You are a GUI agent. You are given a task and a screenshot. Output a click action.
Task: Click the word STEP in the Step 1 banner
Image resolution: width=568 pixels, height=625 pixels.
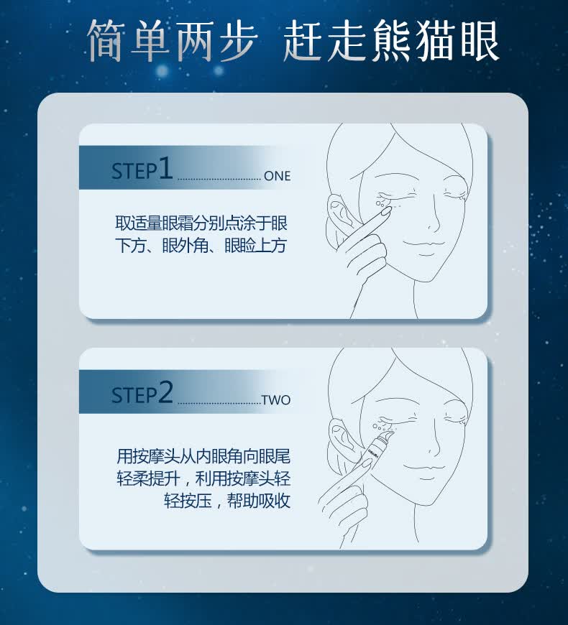point(134,172)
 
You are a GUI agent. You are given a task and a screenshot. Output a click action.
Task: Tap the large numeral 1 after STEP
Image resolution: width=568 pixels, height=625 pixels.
point(165,168)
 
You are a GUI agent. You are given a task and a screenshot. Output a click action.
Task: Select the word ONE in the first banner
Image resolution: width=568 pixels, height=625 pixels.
point(278,176)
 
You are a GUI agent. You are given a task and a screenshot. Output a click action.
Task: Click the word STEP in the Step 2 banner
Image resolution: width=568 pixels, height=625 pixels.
point(134,395)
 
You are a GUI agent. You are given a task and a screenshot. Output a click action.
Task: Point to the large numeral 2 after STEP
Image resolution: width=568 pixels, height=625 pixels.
point(166,392)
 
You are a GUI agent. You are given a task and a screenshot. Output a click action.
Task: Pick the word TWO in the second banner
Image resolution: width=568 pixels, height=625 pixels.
point(276,400)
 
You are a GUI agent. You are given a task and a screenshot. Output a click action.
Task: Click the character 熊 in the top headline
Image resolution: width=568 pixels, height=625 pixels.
point(394,41)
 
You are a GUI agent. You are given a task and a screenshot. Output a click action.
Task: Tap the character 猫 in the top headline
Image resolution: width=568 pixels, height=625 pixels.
point(436,41)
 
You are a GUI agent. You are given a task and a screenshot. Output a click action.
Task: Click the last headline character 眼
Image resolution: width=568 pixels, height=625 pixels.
point(480,41)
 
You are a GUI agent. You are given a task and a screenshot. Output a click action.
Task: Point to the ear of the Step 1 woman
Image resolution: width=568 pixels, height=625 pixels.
point(339,216)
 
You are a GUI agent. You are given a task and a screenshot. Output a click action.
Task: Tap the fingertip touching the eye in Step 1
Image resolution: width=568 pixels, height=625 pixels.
point(385,212)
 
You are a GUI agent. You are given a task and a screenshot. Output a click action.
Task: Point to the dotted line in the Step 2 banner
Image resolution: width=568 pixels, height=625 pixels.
point(219,403)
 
